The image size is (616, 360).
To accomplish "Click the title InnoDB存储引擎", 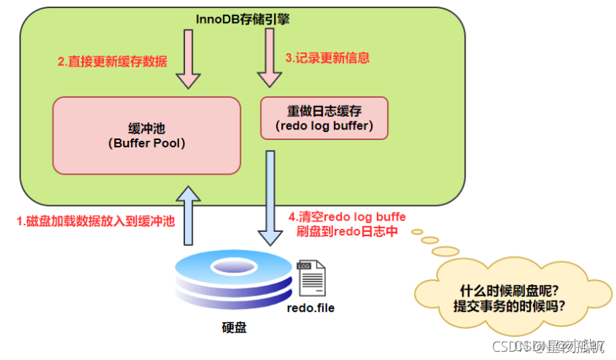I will tap(242, 19).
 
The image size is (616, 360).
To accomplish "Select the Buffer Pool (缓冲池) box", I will tap(147, 134).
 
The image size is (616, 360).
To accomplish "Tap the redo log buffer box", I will tap(324, 118).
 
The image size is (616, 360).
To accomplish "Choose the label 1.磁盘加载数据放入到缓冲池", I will tap(96, 220).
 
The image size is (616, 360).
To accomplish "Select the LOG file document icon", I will tap(308, 276).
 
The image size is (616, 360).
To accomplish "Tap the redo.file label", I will tap(310, 307).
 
